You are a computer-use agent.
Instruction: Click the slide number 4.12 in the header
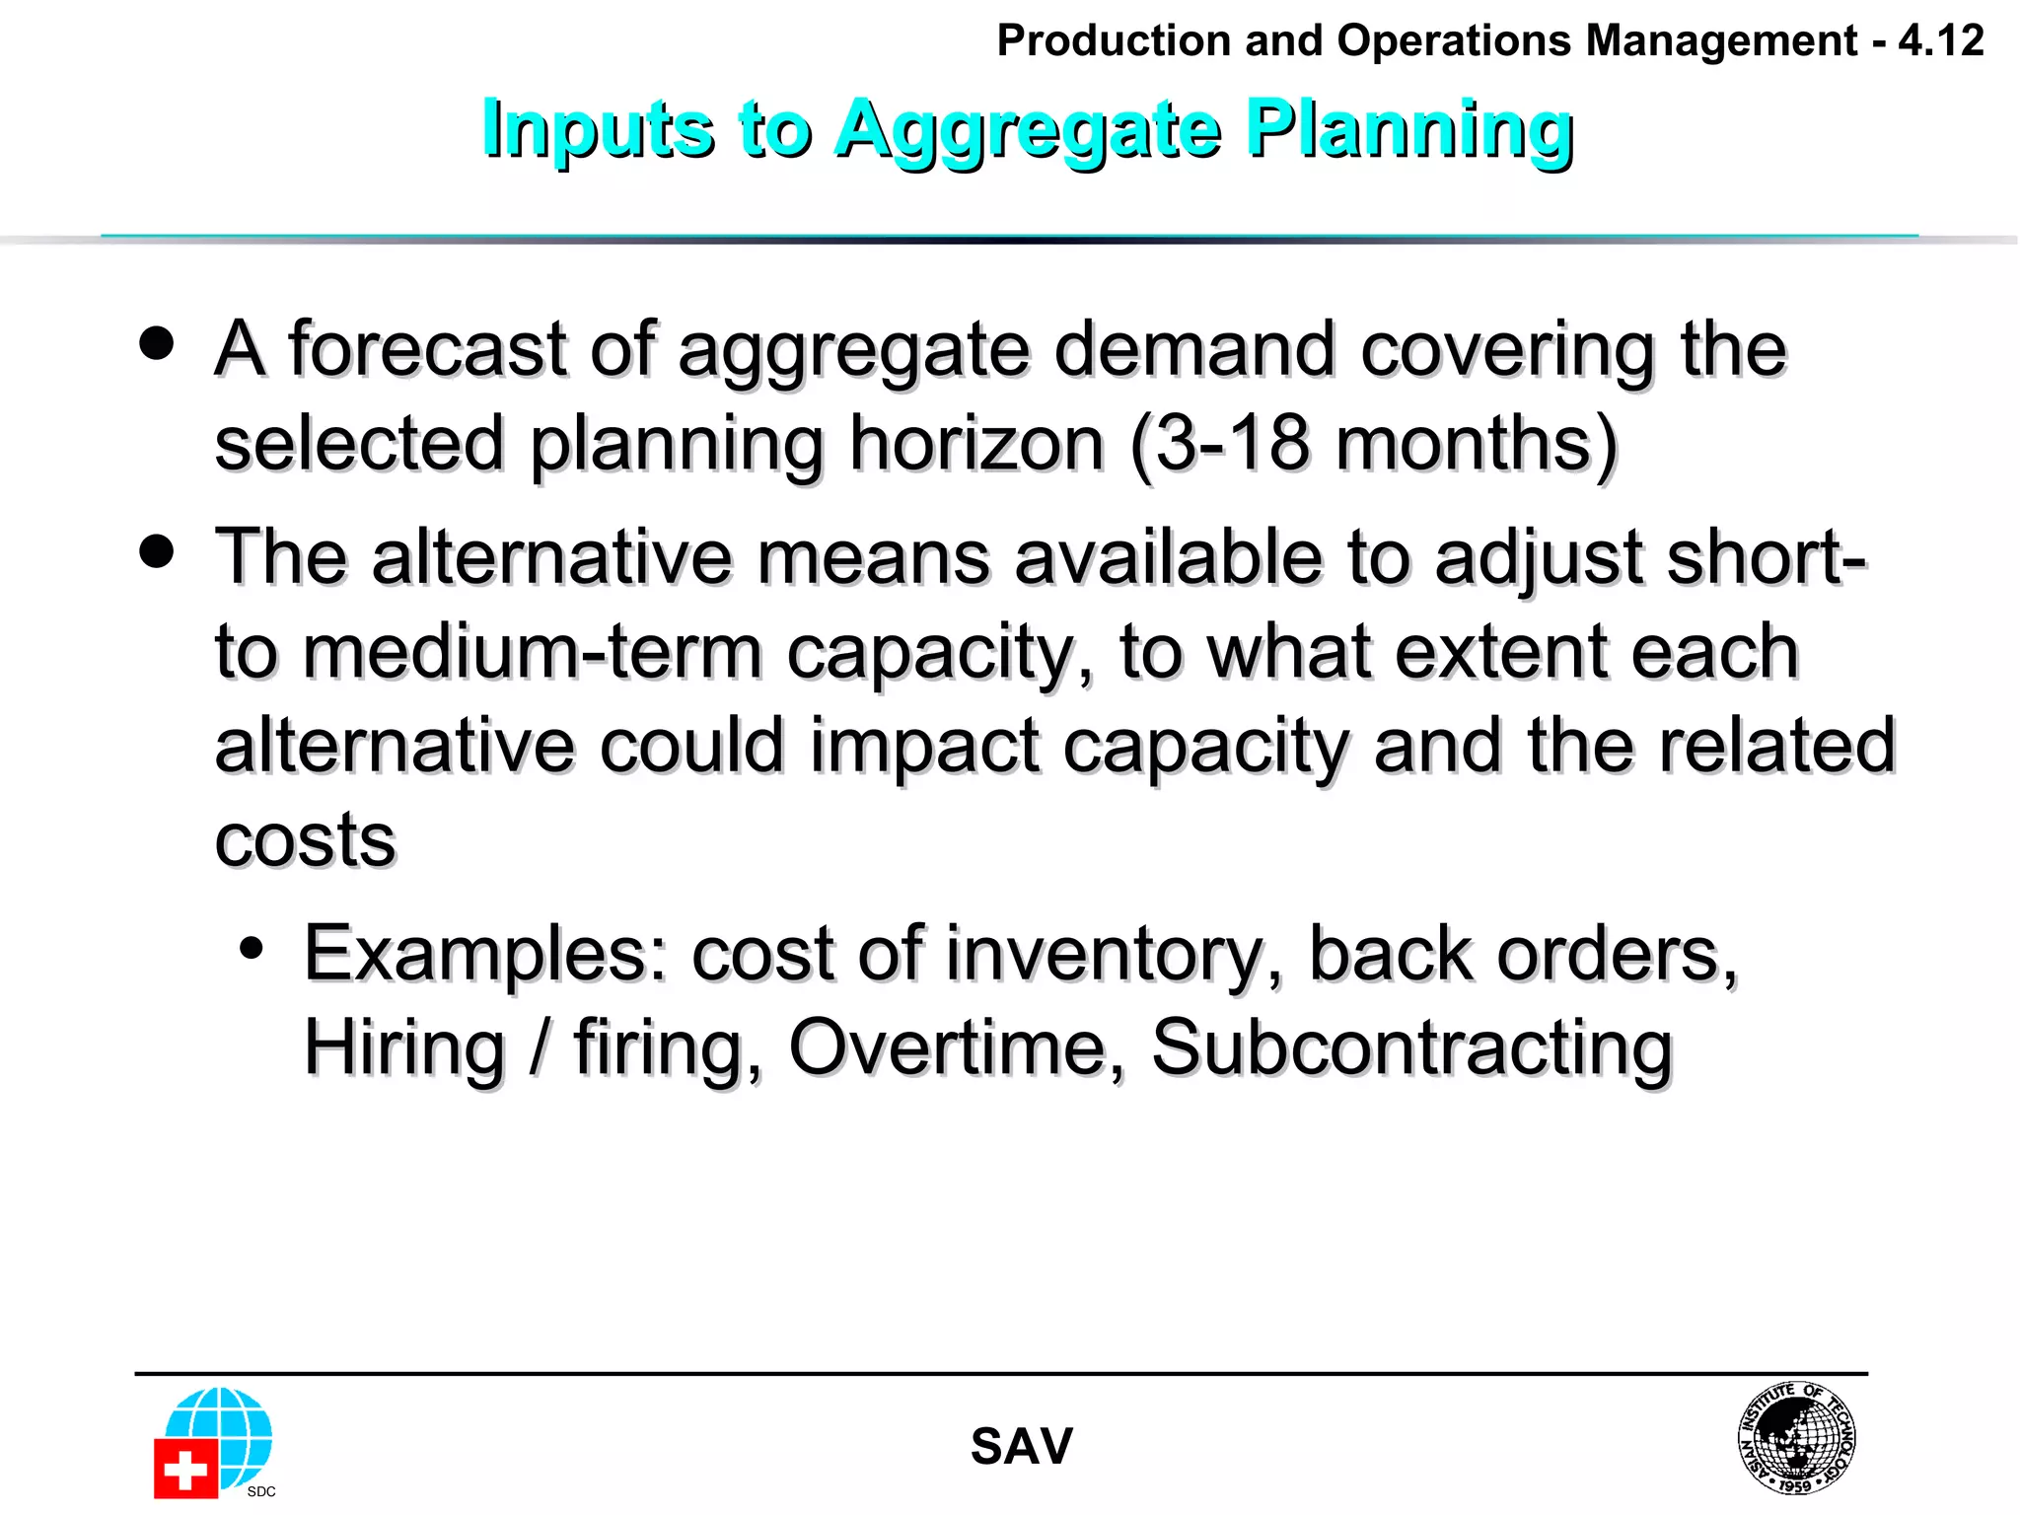pos(1940,41)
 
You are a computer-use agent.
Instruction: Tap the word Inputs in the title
pos(597,129)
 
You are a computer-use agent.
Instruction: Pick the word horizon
pos(976,443)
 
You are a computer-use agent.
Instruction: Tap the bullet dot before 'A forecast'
pos(157,344)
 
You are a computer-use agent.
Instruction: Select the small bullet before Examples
pos(252,949)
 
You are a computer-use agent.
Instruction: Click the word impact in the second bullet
pos(924,747)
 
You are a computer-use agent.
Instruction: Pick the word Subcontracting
pos(1411,1047)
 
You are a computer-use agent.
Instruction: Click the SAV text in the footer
pos(1021,1447)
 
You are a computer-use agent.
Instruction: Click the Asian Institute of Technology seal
pos(1796,1438)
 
